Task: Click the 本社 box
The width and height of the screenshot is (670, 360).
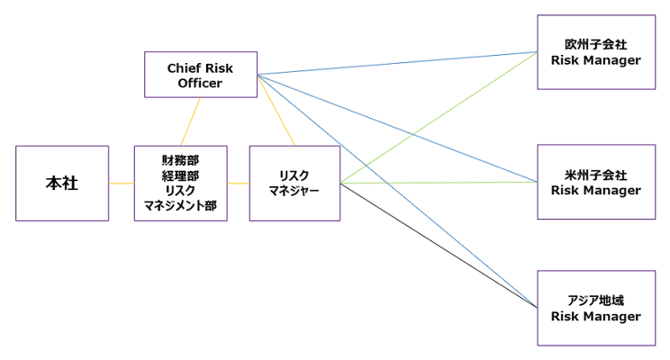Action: coord(62,184)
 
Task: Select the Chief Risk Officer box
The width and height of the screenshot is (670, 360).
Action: coord(200,75)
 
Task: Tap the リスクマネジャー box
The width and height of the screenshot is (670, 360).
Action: coord(294,184)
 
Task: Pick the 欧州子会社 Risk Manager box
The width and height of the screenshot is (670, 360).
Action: coord(595,52)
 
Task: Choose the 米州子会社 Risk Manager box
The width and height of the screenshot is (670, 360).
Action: coord(595,182)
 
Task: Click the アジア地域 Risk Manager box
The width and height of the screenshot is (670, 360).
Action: coord(595,308)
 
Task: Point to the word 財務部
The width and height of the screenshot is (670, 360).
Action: coord(180,159)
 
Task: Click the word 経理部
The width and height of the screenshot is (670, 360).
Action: coord(180,175)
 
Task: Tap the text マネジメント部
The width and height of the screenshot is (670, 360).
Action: coord(180,206)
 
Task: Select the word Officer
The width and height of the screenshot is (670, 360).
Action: coord(200,84)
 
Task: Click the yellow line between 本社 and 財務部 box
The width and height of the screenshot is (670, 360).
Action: coord(122,184)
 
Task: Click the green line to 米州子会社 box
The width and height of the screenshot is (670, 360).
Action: coord(441,183)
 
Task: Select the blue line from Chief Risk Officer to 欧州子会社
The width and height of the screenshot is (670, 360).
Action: coord(396,63)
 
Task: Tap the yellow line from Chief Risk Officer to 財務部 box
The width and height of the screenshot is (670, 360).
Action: coord(190,121)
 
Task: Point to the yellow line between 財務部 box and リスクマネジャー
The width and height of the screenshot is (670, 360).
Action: coord(238,184)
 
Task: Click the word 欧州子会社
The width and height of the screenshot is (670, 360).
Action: coord(595,44)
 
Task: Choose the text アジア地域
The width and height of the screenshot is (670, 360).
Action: coord(595,300)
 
